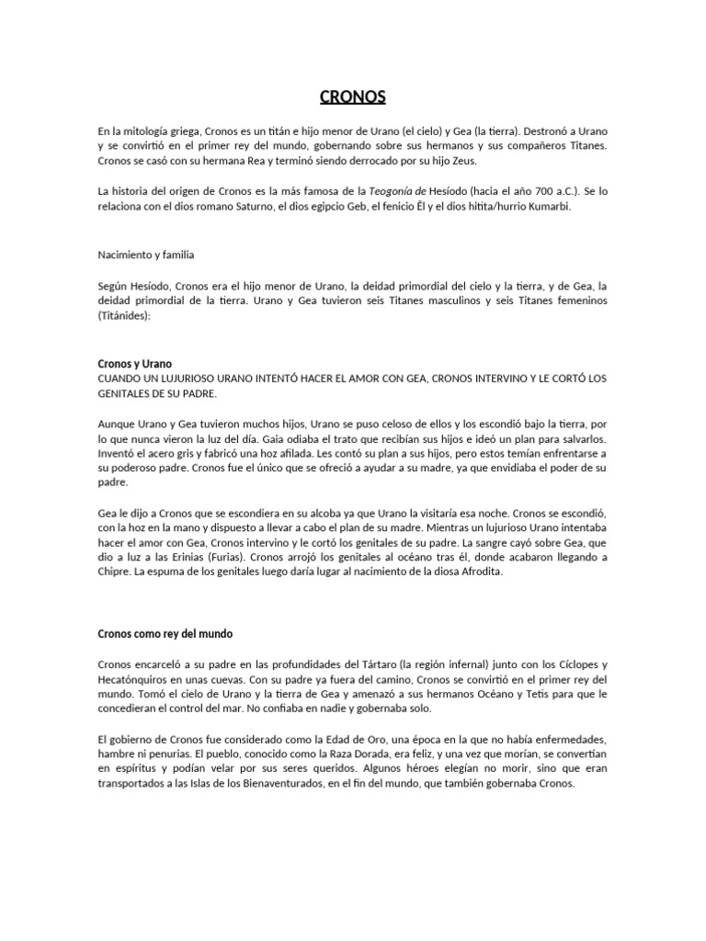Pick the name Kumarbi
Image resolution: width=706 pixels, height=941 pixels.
tap(544, 208)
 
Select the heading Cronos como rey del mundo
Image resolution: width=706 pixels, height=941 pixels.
tap(165, 633)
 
